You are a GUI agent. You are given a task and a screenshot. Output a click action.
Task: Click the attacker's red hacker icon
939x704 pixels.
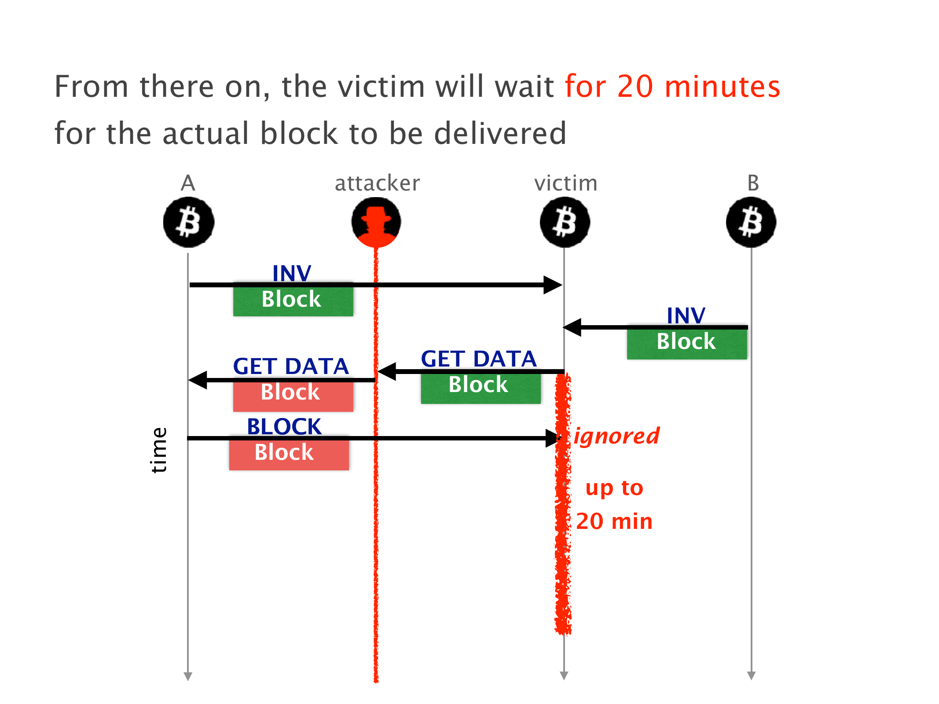[376, 222]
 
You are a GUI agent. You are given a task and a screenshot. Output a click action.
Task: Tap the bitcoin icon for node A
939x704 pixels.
[188, 222]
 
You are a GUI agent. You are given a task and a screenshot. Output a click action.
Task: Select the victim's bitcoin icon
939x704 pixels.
[565, 222]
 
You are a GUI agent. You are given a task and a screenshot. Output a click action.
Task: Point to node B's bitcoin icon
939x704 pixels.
[751, 222]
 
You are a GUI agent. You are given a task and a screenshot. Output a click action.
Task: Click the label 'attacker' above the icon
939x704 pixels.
[377, 183]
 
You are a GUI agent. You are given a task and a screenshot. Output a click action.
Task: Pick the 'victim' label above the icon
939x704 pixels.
[566, 183]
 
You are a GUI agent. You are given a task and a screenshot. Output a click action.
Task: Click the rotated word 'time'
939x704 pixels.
[159, 450]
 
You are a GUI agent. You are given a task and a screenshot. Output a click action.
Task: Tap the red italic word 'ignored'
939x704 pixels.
[616, 436]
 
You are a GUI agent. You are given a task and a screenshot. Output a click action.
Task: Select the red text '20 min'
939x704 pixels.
[614, 521]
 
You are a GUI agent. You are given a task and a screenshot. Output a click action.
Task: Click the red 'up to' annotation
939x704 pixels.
[614, 488]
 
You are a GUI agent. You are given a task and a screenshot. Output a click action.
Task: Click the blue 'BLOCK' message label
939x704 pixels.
[284, 426]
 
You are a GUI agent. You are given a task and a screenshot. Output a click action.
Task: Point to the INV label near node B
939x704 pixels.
[686, 315]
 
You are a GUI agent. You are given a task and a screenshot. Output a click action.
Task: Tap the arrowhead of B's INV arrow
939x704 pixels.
[572, 327]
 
